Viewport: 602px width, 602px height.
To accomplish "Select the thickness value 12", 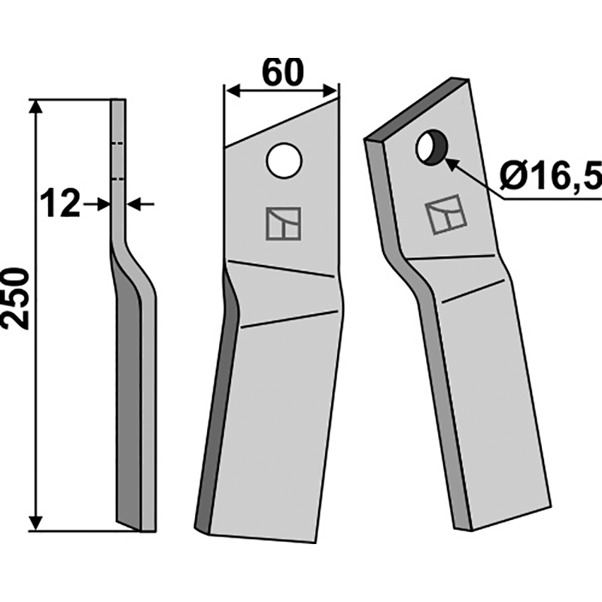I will pos(61,205).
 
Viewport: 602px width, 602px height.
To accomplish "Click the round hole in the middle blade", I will pos(284,160).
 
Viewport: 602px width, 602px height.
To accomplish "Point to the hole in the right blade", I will pos(430,147).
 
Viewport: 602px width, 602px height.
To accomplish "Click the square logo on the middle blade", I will pos(283,223).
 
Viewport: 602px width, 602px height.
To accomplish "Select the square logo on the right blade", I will pos(445,214).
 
